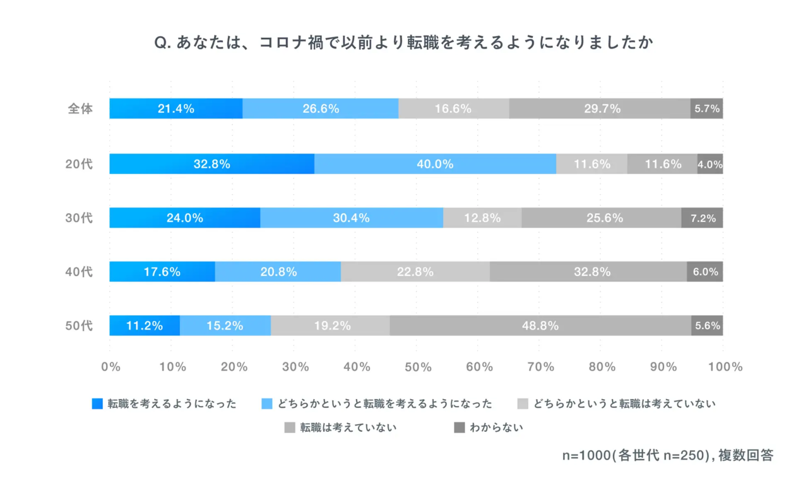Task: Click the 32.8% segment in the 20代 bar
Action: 211,164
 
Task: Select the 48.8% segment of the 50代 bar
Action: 540,326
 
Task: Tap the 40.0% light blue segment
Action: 435,164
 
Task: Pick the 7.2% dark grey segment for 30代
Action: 703,218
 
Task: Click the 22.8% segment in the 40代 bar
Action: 415,272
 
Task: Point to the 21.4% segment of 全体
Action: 175,108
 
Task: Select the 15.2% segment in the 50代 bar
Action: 225,326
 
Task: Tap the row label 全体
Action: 80,108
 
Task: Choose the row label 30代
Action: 80,218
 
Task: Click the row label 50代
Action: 80,326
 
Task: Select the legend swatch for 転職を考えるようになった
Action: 97,404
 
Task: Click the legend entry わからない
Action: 496,428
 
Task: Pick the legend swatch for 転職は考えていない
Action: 290,428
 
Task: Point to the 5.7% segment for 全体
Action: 707,108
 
